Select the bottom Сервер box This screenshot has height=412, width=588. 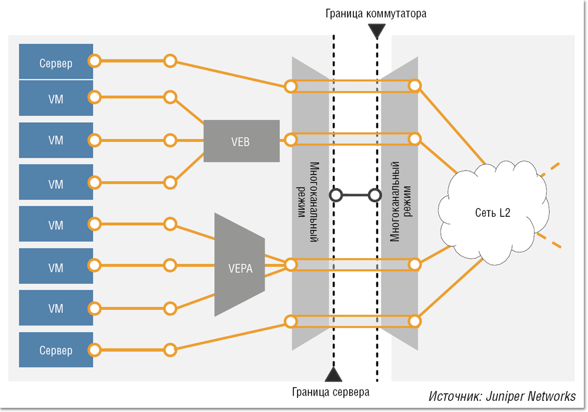[x=56, y=350]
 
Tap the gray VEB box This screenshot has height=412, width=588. [x=242, y=140]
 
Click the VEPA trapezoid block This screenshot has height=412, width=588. [x=240, y=267]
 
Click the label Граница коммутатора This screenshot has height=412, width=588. [x=375, y=14]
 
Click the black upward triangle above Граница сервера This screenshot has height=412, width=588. [x=333, y=374]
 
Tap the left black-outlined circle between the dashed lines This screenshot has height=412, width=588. [x=335, y=195]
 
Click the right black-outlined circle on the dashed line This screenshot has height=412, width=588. [x=374, y=195]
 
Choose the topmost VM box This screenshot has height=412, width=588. [x=56, y=98]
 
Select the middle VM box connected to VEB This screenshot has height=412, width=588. [x=56, y=140]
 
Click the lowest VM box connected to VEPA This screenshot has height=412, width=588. [x=56, y=308]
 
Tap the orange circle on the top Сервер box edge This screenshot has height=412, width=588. [x=93, y=61]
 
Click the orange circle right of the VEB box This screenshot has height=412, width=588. [x=290, y=140]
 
